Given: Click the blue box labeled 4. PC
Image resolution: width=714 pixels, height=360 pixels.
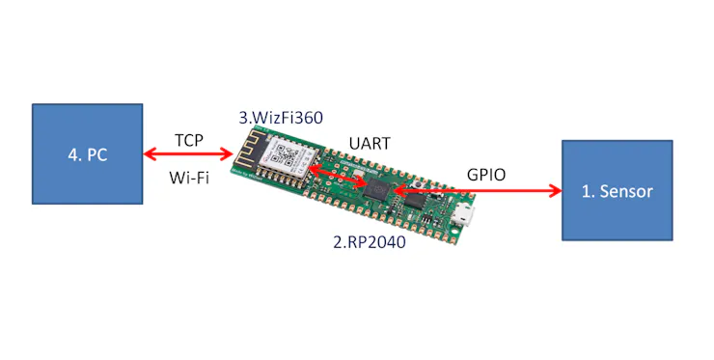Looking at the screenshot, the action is click(x=87, y=154).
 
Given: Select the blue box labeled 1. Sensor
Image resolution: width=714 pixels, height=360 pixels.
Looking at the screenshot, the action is click(x=617, y=190).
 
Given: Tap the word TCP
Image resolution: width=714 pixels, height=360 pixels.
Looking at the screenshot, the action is click(x=189, y=140).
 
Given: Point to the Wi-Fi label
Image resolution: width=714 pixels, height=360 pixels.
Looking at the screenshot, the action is click(x=189, y=178).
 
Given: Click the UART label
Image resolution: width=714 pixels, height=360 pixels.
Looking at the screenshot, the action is click(x=370, y=144).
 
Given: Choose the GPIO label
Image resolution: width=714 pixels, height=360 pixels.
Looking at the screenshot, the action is click(x=486, y=175).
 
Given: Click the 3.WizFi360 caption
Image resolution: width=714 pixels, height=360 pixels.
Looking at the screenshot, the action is click(x=281, y=118).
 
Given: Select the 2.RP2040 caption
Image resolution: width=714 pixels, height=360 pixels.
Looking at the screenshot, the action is click(x=370, y=242).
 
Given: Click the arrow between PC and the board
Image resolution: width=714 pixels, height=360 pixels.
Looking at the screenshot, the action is click(x=188, y=154).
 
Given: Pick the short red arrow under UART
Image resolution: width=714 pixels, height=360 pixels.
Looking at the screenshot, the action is click(x=338, y=177).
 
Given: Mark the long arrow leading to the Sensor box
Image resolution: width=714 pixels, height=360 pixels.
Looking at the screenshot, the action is click(x=478, y=191).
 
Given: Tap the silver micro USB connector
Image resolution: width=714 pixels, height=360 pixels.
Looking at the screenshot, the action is click(x=465, y=216).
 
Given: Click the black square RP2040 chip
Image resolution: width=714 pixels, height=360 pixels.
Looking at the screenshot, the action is click(x=377, y=188).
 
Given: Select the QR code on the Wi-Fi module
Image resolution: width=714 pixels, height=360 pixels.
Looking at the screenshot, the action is click(x=288, y=154).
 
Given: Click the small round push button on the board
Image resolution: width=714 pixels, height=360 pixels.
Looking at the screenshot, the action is click(x=416, y=184).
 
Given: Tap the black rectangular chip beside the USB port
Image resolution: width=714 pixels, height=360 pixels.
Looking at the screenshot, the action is click(x=415, y=201).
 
